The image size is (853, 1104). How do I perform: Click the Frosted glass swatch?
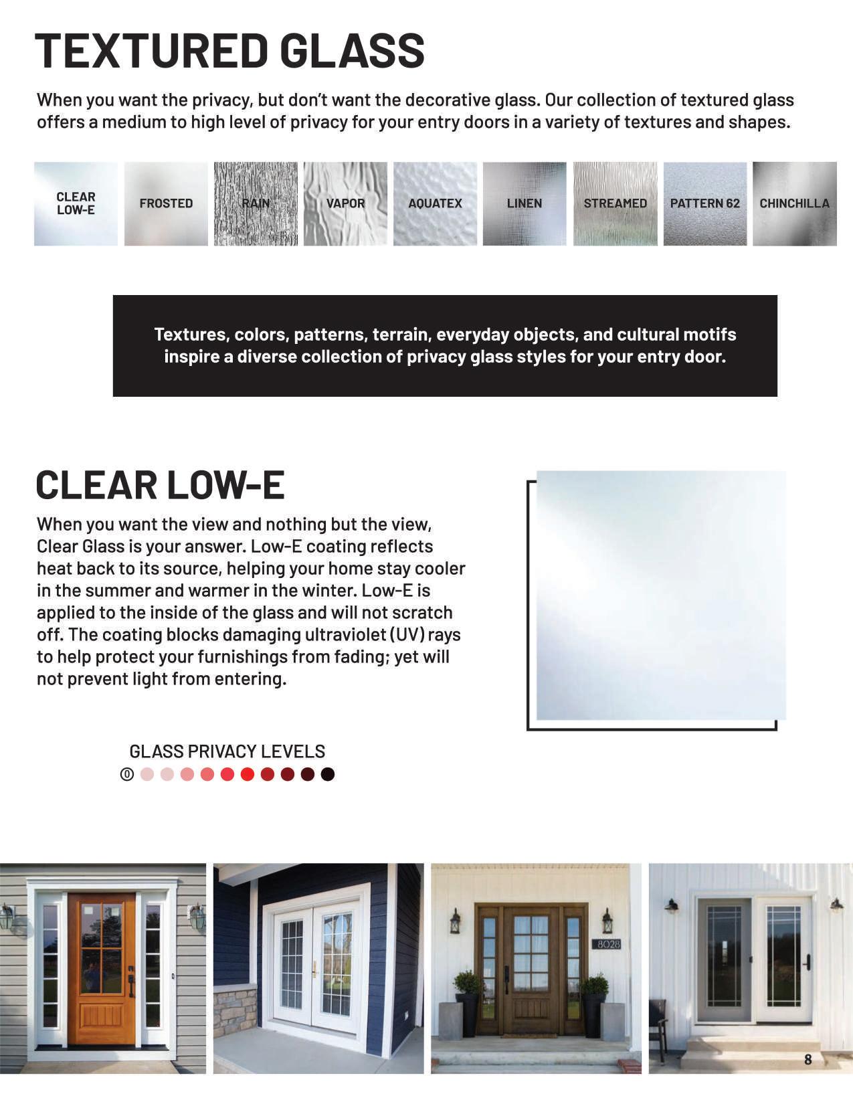coord(166,203)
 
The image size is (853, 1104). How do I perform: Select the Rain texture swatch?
coord(256,203)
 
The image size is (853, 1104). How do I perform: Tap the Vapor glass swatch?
coord(345,203)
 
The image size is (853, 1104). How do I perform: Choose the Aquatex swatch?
coord(435,203)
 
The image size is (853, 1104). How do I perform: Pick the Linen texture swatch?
coord(525,203)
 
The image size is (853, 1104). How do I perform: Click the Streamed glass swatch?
coord(615,203)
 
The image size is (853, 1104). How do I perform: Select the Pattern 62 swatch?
coord(704,203)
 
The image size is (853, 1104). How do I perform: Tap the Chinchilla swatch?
coord(794,203)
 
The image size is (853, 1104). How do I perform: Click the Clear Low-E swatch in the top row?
coord(76,203)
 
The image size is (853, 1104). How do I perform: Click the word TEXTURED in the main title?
coord(151,51)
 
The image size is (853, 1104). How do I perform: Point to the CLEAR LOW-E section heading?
coord(161,485)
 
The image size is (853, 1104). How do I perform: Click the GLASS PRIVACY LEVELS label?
coord(227,751)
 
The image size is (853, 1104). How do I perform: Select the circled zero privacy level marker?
coord(127,774)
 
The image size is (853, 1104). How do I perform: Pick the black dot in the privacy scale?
coord(327,774)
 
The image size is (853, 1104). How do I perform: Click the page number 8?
coord(808,1059)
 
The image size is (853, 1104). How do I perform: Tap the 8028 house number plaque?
coord(607,944)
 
